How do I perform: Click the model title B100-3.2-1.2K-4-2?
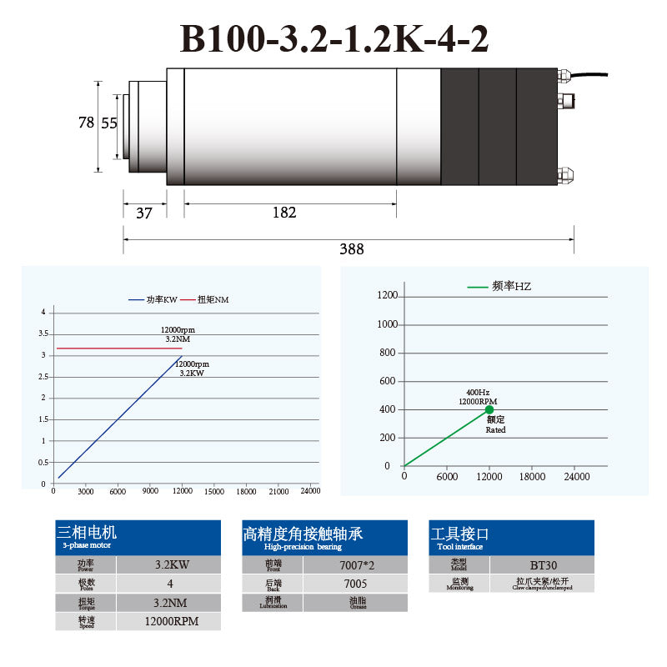point(334,38)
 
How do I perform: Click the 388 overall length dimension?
point(351,248)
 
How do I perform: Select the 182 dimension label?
point(284,213)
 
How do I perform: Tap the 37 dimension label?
point(144,213)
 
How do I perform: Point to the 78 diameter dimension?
point(86,123)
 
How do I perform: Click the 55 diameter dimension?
point(109,123)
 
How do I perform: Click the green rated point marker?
point(489,409)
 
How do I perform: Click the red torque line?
point(117,348)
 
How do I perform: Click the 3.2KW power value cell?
point(172,564)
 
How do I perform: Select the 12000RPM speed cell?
point(170,621)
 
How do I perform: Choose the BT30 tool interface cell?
point(543,564)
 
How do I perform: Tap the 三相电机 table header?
point(88,532)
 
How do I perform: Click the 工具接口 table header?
point(460,534)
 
